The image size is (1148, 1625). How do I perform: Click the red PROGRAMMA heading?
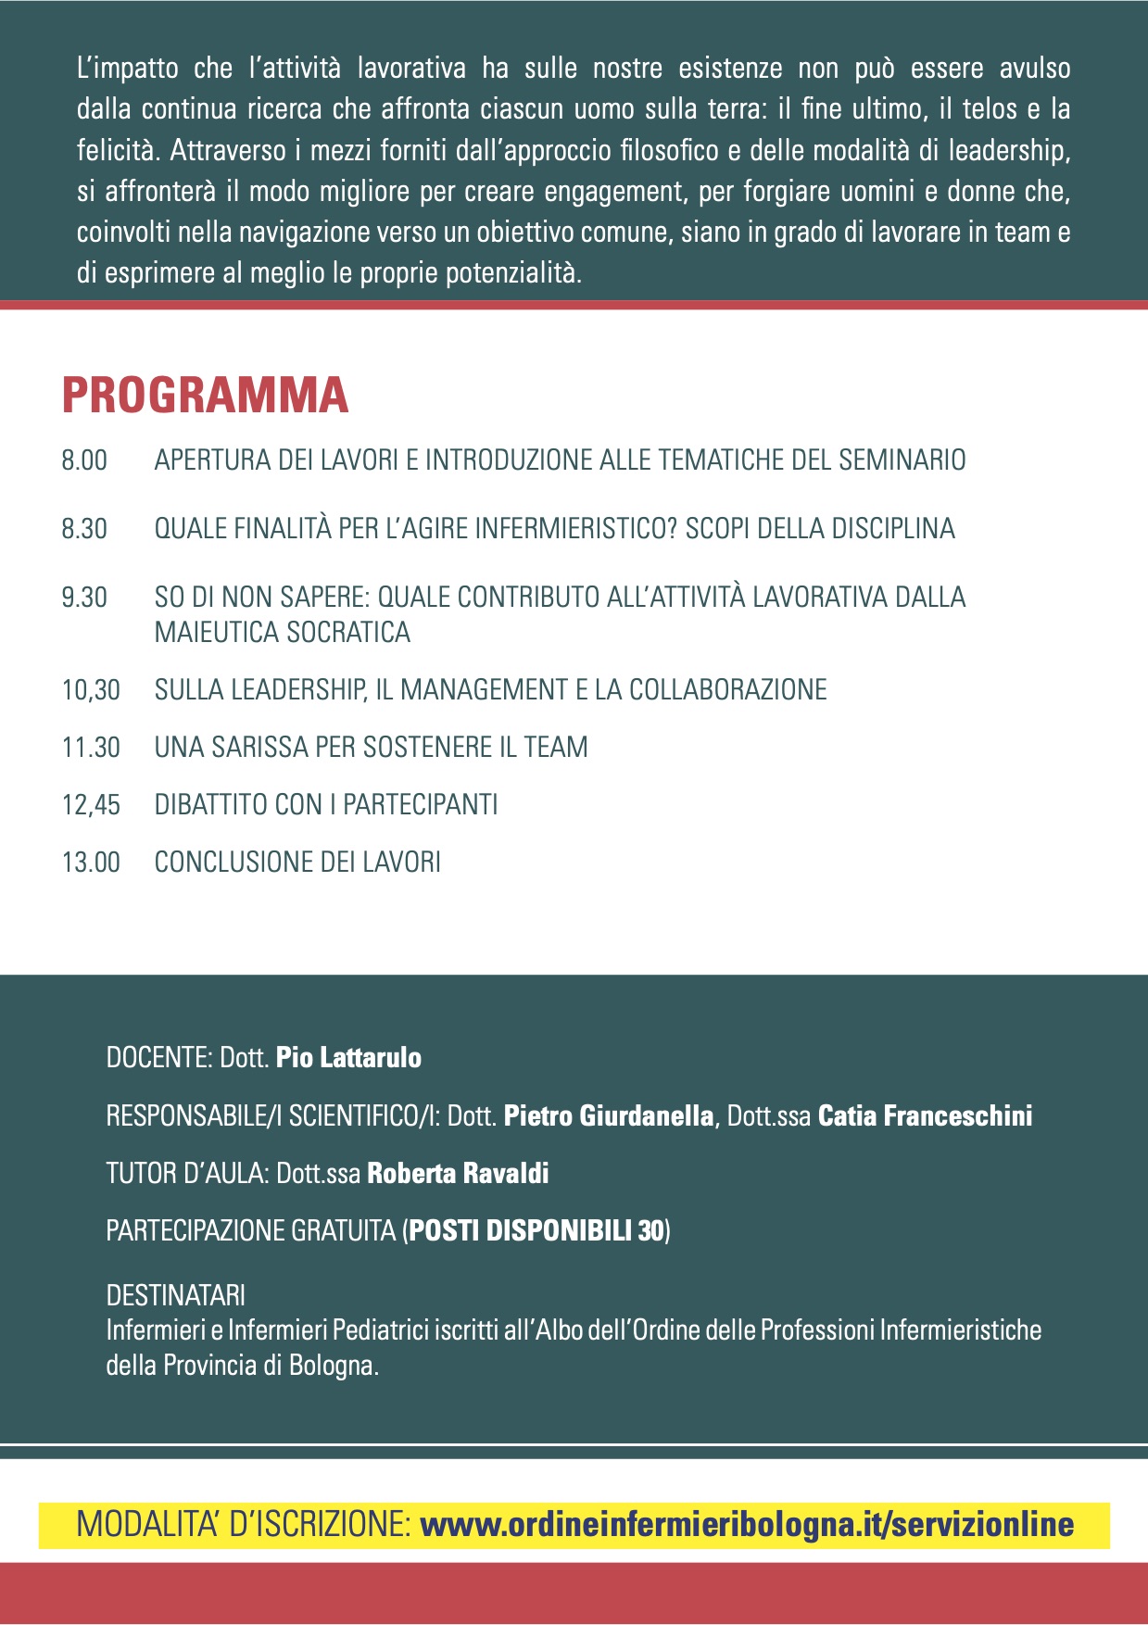click(x=205, y=396)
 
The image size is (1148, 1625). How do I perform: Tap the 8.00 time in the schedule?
click(x=84, y=460)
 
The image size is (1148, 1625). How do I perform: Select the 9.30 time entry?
click(x=84, y=598)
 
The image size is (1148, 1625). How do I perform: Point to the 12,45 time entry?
click(x=91, y=805)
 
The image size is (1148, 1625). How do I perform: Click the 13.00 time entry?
click(x=91, y=863)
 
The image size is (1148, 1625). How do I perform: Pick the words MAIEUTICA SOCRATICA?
click(x=283, y=633)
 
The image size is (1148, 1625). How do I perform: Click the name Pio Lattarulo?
click(x=348, y=1058)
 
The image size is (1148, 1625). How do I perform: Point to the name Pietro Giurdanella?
click(x=609, y=1115)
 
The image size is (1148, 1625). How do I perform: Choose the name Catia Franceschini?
click(x=925, y=1115)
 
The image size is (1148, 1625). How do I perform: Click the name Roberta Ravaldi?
click(x=458, y=1174)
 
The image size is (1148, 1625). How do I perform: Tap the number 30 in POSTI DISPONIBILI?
click(x=651, y=1231)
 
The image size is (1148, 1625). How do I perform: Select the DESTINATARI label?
click(x=176, y=1295)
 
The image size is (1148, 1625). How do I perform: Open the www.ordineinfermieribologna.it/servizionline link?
click(x=747, y=1525)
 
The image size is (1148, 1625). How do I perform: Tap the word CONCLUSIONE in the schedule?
click(x=233, y=863)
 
